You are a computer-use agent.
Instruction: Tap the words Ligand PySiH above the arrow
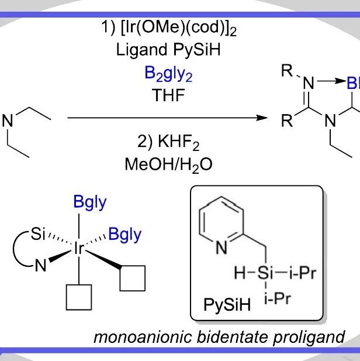point(168,50)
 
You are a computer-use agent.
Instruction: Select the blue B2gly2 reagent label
point(168,74)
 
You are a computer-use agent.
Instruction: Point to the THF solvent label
point(168,95)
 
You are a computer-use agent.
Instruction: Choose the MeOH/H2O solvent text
point(168,165)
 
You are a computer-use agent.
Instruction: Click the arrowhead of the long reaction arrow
point(262,118)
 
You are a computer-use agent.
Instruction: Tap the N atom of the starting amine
point(8,121)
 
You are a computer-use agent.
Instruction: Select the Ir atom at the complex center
point(79,248)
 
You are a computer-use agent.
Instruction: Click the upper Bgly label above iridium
point(90,202)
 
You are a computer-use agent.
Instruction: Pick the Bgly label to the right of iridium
point(124,235)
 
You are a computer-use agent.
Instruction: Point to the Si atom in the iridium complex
point(38,234)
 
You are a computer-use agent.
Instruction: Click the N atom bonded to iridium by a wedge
point(40,266)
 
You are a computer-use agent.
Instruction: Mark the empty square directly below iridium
point(79,297)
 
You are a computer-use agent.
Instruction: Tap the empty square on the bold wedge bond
point(133,279)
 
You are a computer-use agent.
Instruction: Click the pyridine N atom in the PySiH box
point(221,247)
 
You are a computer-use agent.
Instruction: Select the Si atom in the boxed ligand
point(265,273)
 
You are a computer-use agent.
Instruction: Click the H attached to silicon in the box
point(240,273)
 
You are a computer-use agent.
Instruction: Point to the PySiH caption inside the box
point(227,305)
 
